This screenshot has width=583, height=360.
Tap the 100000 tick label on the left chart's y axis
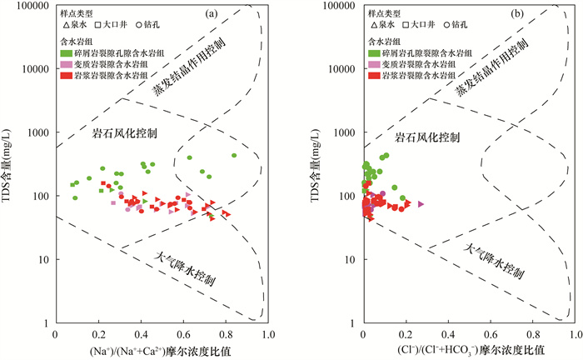(x=31, y=6)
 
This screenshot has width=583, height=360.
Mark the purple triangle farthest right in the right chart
(x=421, y=203)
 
